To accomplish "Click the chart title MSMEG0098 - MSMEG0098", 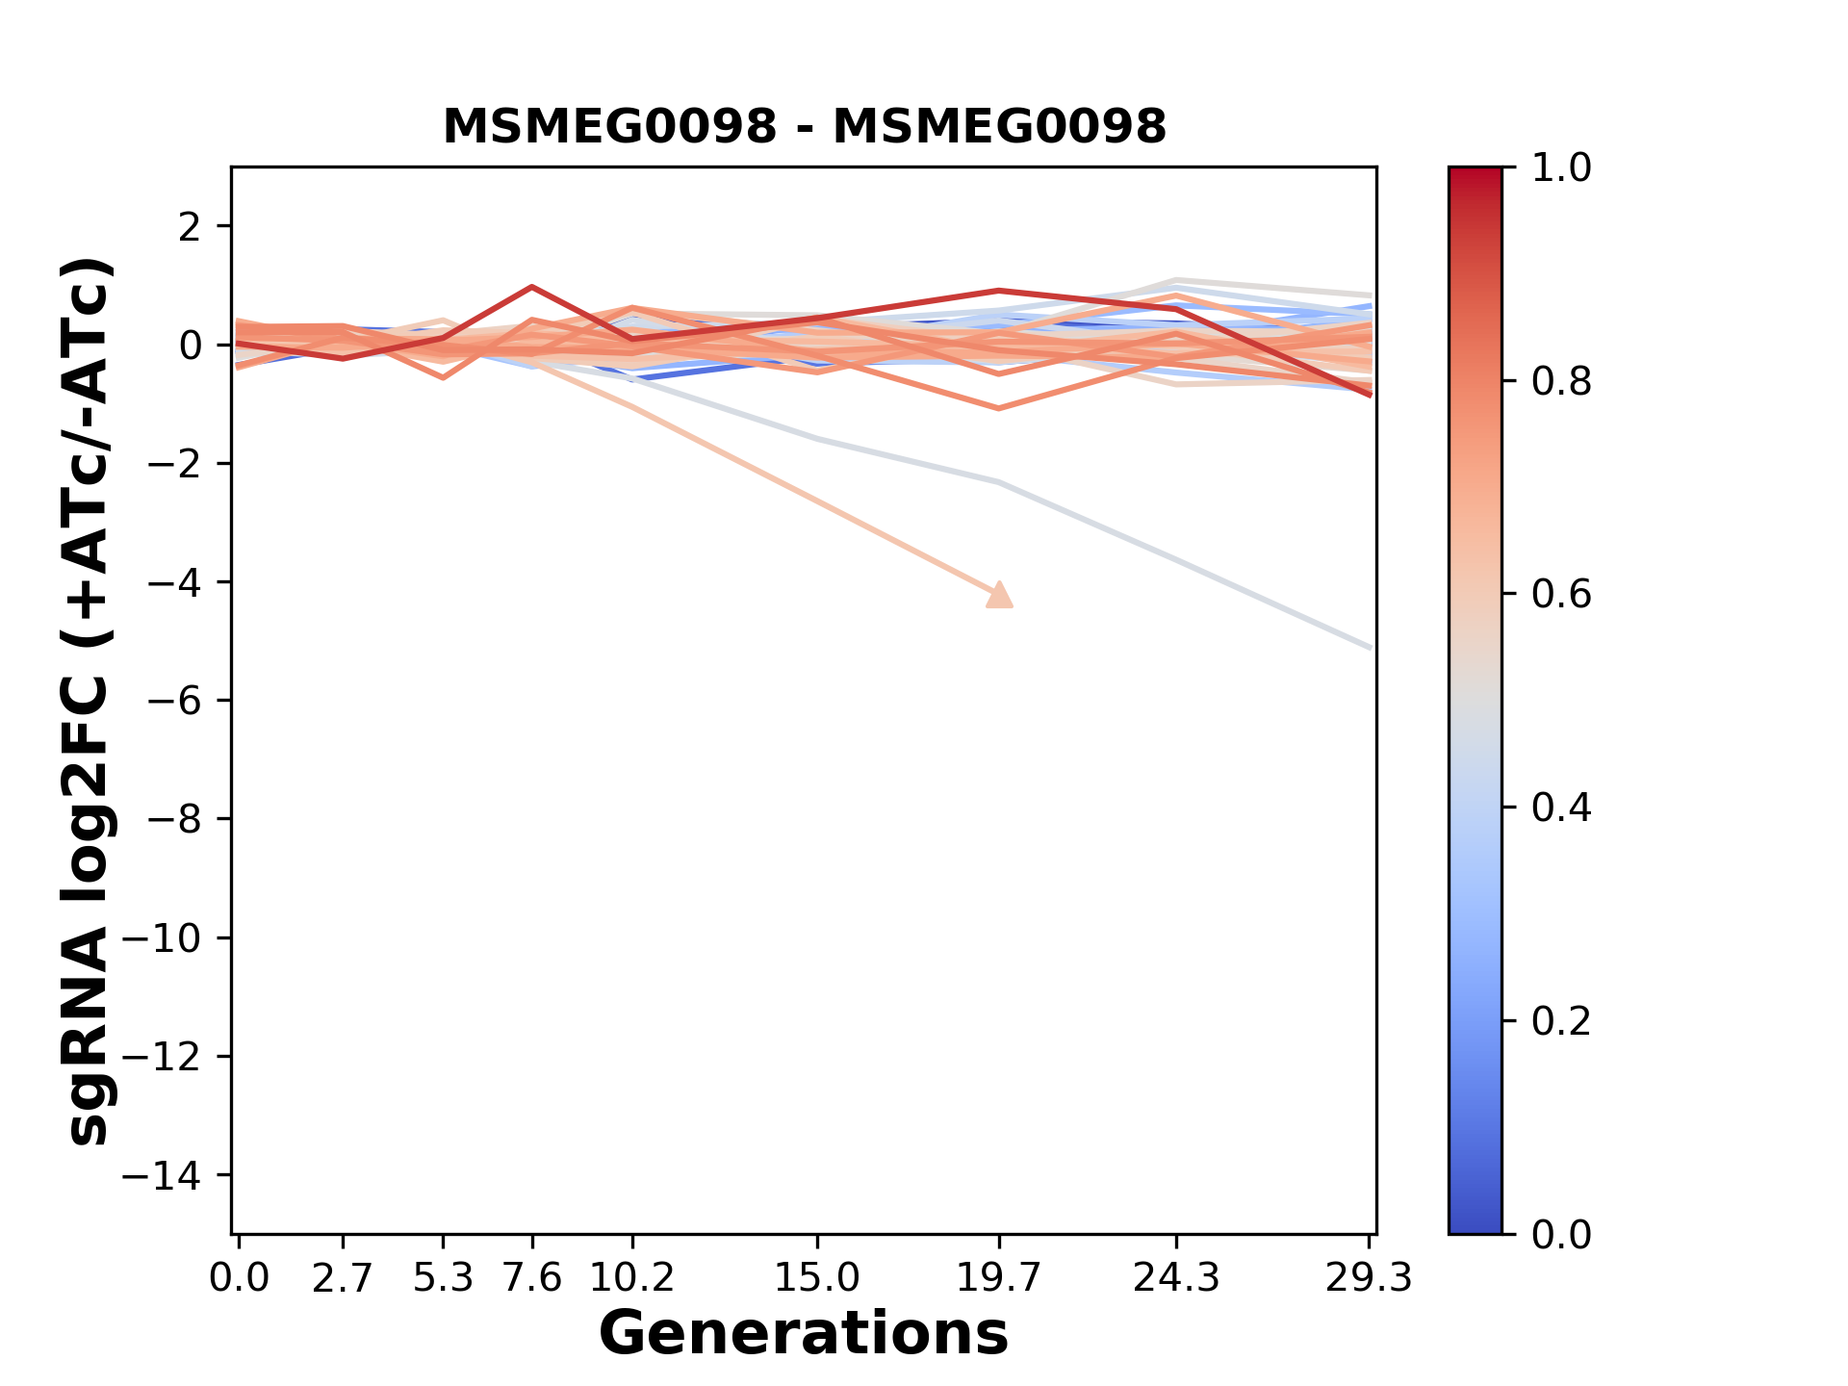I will point(804,126).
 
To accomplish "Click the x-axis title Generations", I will point(804,1334).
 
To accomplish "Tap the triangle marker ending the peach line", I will point(1000,596).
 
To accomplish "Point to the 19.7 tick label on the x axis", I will point(1000,1278).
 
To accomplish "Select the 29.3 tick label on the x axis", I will point(1369,1278).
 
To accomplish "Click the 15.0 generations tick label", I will point(817,1278).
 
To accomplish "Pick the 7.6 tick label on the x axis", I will point(532,1278).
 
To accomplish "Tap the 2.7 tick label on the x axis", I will point(343,1278).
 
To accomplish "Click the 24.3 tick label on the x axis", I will point(1176,1278).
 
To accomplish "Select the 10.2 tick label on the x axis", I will point(631,1278).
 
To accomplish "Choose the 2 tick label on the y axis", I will point(191,227).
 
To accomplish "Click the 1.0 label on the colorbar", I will point(1561,168).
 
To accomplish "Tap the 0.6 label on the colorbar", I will point(1561,595).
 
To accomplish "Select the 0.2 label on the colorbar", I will point(1561,1021).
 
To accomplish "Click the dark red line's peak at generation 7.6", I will point(532,287).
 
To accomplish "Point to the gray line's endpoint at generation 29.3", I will point(1369,648).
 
